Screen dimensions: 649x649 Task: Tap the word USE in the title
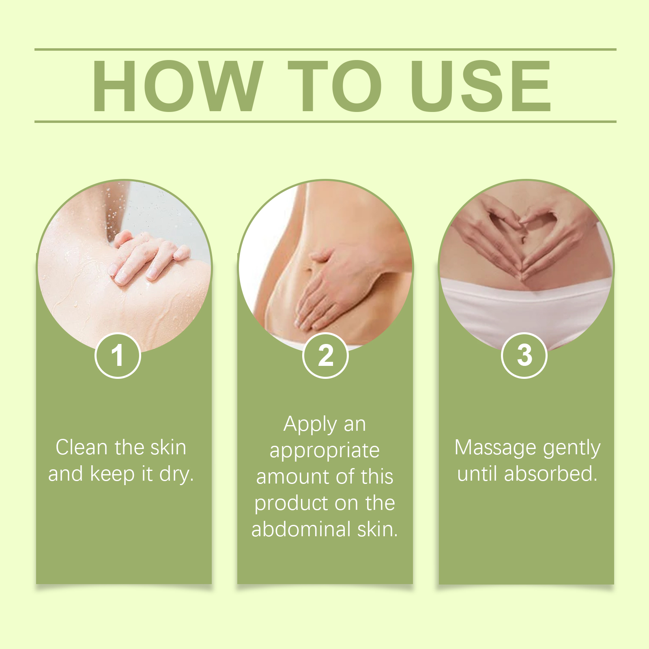pyautogui.click(x=481, y=86)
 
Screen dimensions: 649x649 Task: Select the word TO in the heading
pyautogui.click(x=335, y=86)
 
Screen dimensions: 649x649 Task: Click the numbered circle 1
pyautogui.click(x=118, y=355)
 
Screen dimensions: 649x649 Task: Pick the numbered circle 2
pyautogui.click(x=325, y=355)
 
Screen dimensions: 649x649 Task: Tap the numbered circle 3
pyautogui.click(x=524, y=355)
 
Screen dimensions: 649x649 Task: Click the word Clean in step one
pyautogui.click(x=82, y=447)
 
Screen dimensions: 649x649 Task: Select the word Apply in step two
pyautogui.click(x=310, y=425)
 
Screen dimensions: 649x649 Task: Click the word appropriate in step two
pyautogui.click(x=324, y=451)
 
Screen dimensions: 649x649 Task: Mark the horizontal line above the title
pyautogui.click(x=325, y=49)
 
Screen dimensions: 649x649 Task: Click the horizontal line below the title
pyautogui.click(x=325, y=121)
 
